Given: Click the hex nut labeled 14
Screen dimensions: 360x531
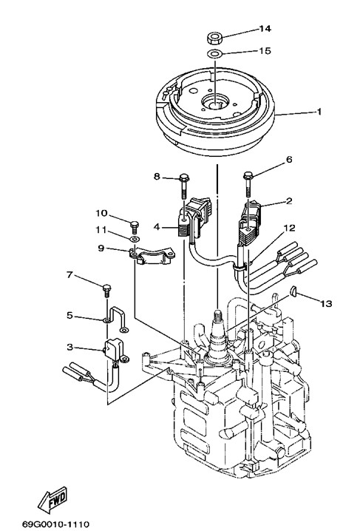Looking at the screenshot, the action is (214, 38).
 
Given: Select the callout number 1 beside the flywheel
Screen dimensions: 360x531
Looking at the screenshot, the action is (319, 112).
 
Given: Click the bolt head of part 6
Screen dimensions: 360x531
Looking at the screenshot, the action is (248, 175).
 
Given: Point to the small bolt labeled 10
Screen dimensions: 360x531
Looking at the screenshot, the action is (135, 226).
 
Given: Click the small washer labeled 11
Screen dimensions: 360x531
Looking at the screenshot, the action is (135, 239).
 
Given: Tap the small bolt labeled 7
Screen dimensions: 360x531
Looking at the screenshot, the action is (107, 291).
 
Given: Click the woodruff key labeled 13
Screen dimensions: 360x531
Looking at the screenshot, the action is (293, 291).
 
